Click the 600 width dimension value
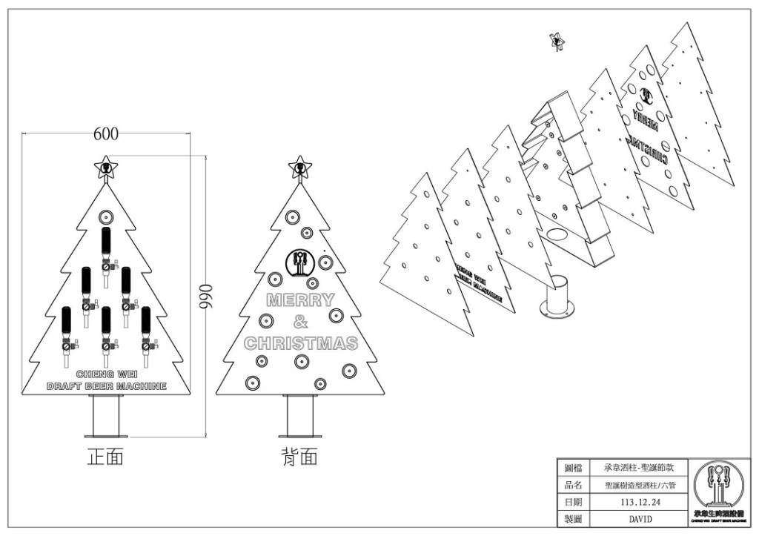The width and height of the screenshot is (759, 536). (x=106, y=134)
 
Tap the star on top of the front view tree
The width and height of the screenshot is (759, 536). (x=105, y=168)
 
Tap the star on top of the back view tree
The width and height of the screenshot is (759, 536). (x=299, y=168)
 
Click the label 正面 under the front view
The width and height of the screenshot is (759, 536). (x=105, y=457)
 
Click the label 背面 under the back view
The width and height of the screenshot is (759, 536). (x=299, y=457)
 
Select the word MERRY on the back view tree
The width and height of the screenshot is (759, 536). (x=300, y=300)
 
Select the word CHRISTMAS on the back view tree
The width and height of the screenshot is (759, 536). (x=300, y=343)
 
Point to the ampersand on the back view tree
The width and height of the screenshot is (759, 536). (x=299, y=322)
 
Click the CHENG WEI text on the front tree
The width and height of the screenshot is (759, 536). (x=106, y=375)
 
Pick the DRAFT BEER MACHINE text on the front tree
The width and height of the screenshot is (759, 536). (x=106, y=386)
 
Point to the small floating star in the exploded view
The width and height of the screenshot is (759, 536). (x=555, y=42)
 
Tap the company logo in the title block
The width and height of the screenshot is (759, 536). (x=717, y=492)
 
